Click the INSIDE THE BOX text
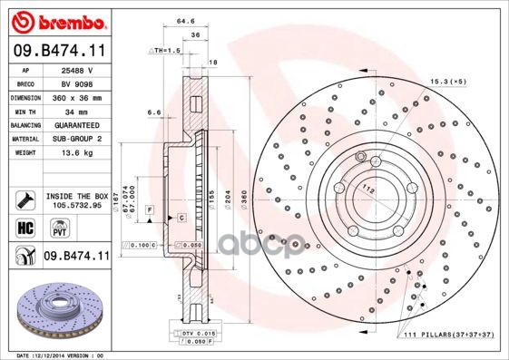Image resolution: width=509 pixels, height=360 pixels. click(77, 195)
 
